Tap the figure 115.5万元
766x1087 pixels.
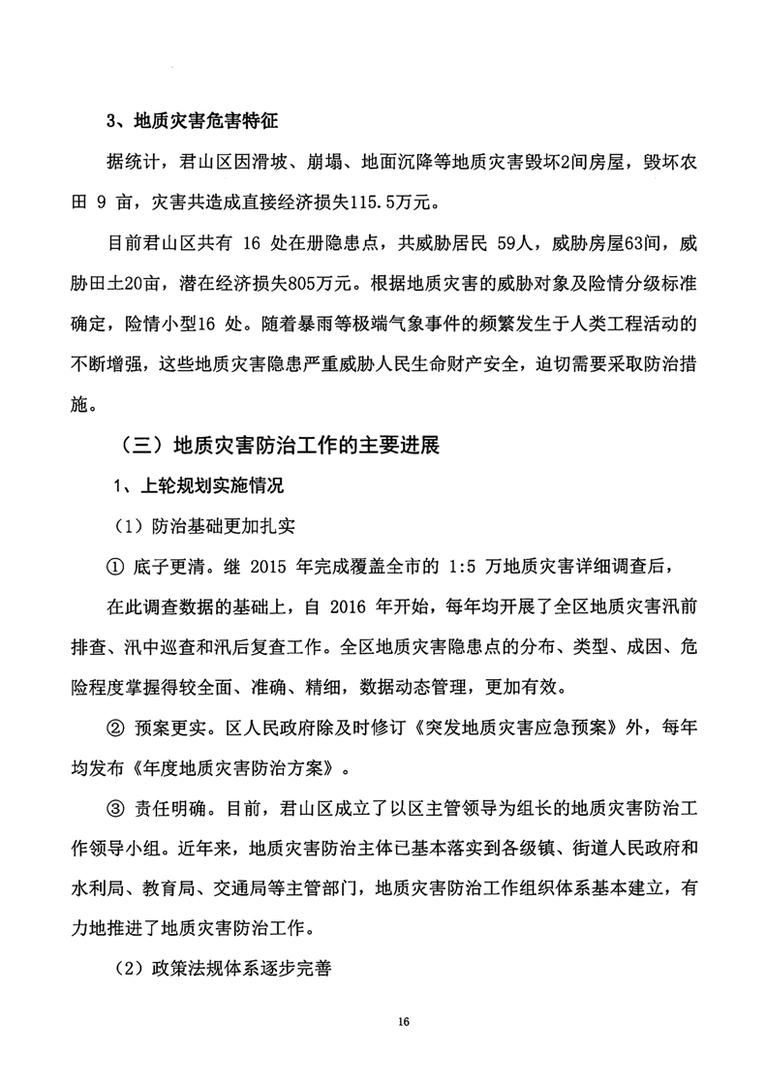[x=397, y=203]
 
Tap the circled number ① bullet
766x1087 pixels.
[x=114, y=567]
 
